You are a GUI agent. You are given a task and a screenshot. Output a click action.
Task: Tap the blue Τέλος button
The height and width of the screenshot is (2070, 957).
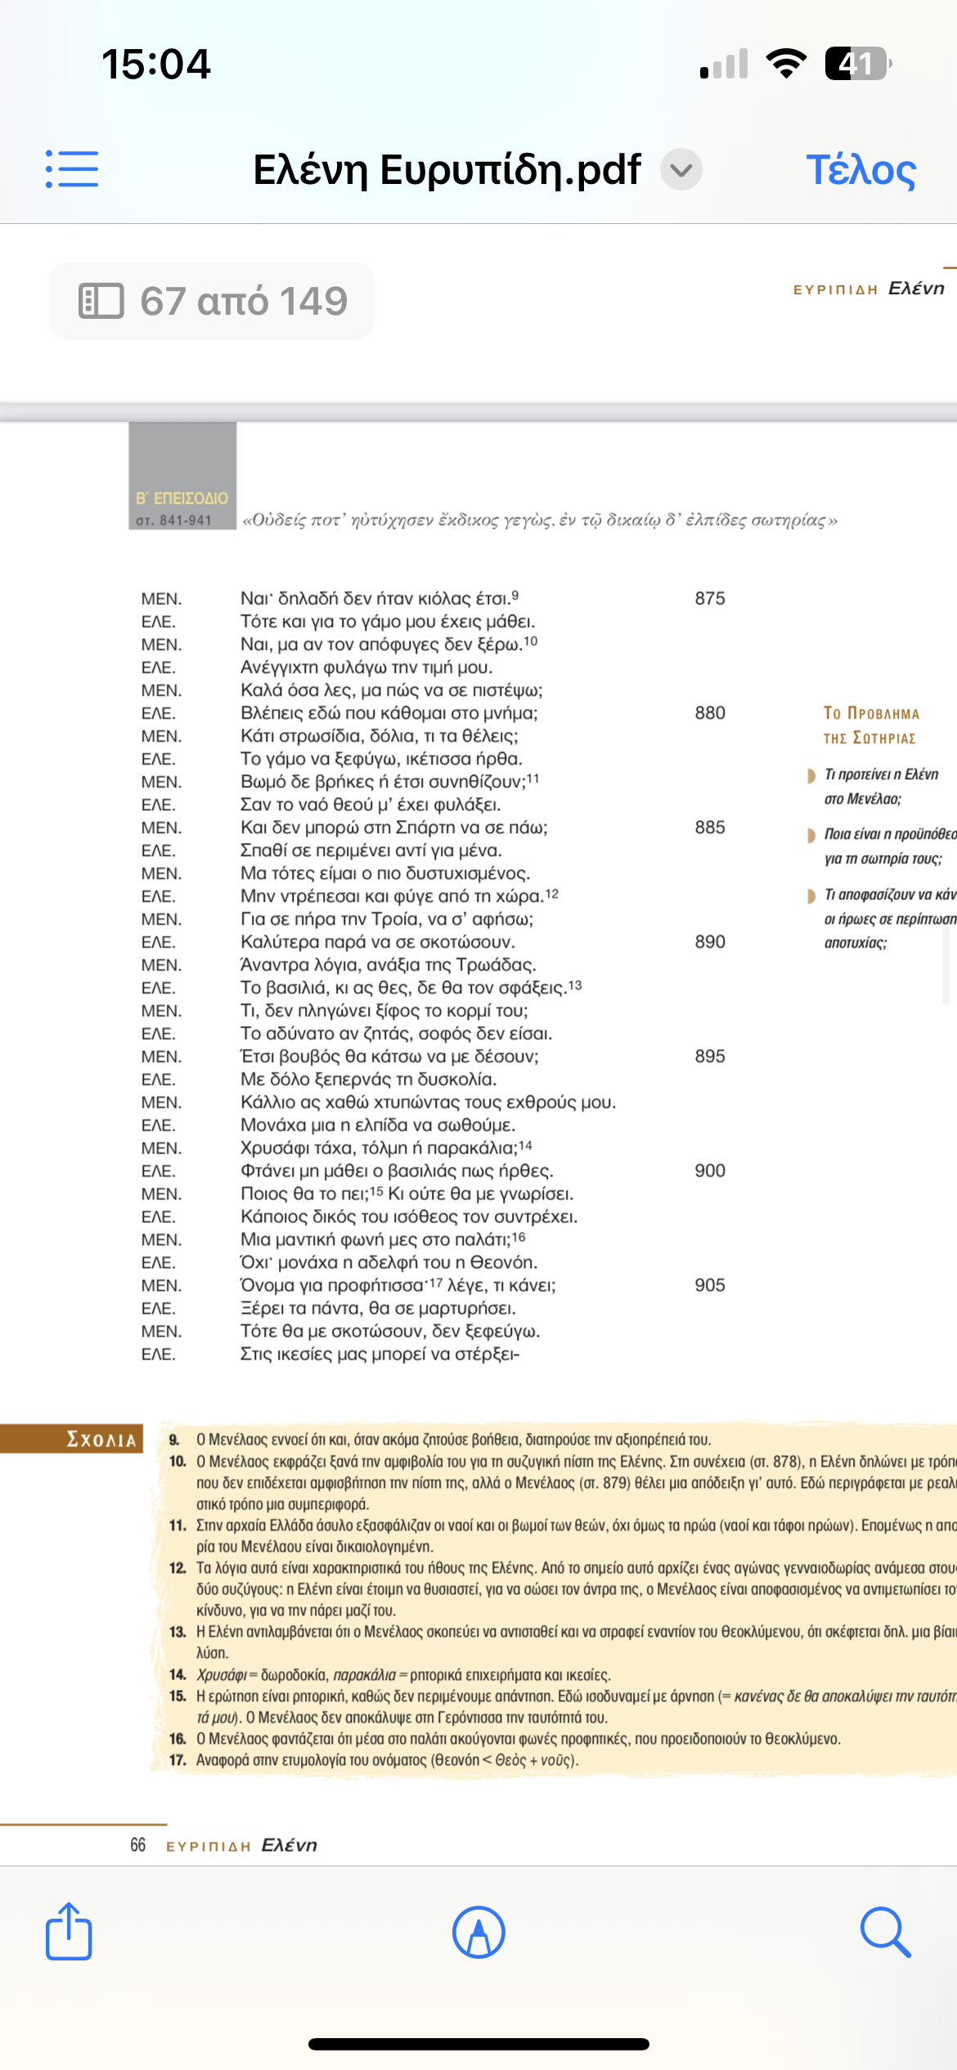[860, 170]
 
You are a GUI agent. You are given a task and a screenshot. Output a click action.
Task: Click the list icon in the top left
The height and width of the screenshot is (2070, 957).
[72, 169]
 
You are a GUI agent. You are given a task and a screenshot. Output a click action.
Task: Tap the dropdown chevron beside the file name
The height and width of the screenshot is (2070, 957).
[681, 170]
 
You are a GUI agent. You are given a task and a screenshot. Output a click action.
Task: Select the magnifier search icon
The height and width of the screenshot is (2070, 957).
[885, 1933]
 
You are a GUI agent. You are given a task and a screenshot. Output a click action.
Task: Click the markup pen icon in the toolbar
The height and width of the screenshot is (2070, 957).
[478, 1933]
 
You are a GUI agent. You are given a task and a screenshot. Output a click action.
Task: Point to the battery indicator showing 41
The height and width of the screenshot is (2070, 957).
[856, 64]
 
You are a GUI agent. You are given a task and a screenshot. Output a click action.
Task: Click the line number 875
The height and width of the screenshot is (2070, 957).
[710, 598]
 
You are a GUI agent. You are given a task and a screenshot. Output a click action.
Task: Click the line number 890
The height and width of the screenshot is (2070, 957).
[710, 942]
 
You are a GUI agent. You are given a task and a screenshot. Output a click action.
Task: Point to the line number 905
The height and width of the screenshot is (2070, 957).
[710, 1285]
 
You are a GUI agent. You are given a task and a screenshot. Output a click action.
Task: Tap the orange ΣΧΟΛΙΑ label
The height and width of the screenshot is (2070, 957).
[101, 1440]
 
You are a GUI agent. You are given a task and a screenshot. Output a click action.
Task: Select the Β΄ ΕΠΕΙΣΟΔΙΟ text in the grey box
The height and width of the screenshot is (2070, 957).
[182, 498]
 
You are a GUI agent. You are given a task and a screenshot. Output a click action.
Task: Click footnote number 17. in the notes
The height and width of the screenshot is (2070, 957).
[177, 1759]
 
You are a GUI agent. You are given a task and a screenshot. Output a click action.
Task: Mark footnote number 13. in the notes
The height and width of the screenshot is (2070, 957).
[177, 1632]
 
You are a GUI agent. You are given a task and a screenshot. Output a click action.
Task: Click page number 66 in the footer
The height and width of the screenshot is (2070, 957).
[137, 1845]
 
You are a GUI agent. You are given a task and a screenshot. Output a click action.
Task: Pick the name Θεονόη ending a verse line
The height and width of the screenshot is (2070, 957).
[504, 1262]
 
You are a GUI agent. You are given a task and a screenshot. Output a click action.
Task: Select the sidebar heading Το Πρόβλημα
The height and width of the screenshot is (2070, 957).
[871, 714]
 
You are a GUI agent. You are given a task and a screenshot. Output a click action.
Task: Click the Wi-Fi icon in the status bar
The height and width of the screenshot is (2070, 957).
[786, 64]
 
